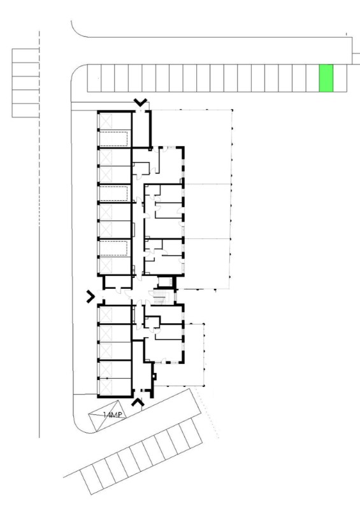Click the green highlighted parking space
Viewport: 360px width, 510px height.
(326, 78)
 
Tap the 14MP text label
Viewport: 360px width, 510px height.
(112, 415)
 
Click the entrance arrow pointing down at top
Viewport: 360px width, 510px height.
(140, 103)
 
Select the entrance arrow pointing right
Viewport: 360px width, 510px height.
(90, 296)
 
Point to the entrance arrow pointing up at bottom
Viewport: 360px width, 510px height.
(138, 402)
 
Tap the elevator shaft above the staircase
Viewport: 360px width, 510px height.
(165, 282)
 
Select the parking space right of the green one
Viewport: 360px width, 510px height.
(340, 78)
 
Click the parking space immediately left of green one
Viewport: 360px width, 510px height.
(312, 78)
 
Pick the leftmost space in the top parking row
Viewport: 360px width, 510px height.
(94, 78)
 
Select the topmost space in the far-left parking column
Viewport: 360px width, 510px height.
(25, 55)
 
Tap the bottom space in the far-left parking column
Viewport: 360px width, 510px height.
(25, 110)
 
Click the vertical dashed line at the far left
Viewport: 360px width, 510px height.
(40, 129)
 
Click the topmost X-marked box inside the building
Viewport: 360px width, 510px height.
(106, 121)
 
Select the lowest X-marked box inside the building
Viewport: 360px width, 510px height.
(106, 387)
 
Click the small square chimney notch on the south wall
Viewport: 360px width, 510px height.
(154, 376)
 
